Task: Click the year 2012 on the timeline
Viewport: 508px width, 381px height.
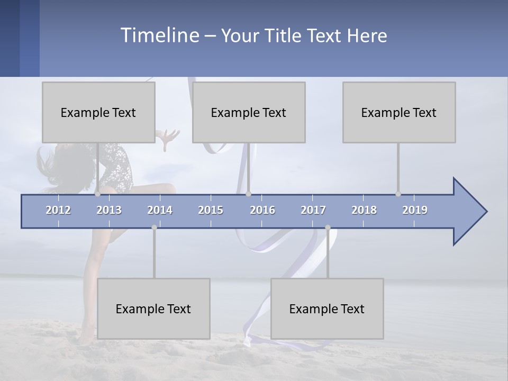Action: [x=58, y=210]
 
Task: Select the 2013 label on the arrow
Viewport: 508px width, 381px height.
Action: [x=109, y=210]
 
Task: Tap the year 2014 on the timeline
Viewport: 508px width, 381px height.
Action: [x=160, y=210]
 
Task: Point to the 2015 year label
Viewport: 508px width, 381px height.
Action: [x=211, y=210]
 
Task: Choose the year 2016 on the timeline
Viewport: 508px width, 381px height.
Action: [x=262, y=210]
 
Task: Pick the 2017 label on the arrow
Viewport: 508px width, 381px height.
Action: [x=313, y=210]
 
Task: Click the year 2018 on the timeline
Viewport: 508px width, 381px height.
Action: [x=364, y=210]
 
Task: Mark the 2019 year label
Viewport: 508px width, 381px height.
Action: [x=415, y=210]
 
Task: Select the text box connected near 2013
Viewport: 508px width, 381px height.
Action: [x=98, y=112]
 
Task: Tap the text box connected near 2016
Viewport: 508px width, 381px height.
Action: [x=249, y=112]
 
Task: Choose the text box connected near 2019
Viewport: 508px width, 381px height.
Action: [x=399, y=112]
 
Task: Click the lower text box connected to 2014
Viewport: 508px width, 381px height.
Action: [x=153, y=309]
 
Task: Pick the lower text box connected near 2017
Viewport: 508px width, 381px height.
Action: [x=327, y=309]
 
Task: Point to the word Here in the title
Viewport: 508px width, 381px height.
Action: [x=367, y=36]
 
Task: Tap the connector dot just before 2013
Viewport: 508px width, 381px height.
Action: [x=97, y=194]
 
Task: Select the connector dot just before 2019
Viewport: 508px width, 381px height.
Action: [x=398, y=194]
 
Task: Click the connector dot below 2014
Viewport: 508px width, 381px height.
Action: [x=154, y=228]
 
